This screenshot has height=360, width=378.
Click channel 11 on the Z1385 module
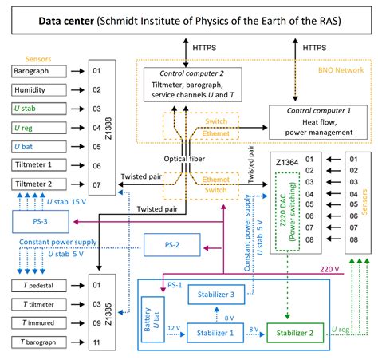point(96,342)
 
